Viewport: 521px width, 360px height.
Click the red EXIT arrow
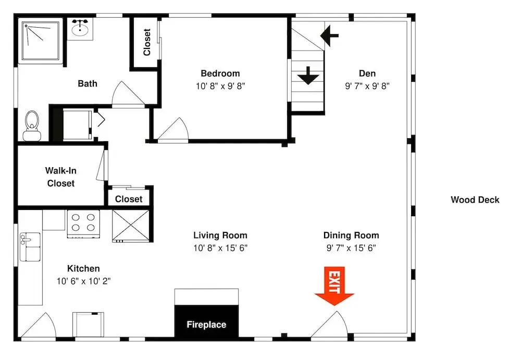(334, 286)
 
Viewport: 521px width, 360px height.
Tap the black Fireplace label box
(206, 322)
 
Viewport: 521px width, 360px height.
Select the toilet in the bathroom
(32, 126)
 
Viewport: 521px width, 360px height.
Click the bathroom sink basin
(80, 29)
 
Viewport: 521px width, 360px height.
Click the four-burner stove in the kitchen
(83, 224)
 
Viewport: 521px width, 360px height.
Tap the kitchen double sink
(30, 246)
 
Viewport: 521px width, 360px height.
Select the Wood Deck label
(475, 200)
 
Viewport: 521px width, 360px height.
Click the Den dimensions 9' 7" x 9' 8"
(367, 86)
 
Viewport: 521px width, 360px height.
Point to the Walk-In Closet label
(61, 177)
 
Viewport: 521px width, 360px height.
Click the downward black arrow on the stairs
(308, 76)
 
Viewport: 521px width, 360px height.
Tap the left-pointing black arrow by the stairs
(330, 35)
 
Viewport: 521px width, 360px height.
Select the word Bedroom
(220, 73)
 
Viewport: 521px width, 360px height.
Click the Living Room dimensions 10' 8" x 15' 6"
(220, 248)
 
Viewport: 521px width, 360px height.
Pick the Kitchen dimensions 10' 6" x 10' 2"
(83, 281)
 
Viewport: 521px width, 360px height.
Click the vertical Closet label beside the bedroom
(147, 42)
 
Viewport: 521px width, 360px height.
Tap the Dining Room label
(351, 235)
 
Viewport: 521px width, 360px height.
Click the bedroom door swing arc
(173, 130)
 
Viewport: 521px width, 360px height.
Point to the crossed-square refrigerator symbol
(131, 226)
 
